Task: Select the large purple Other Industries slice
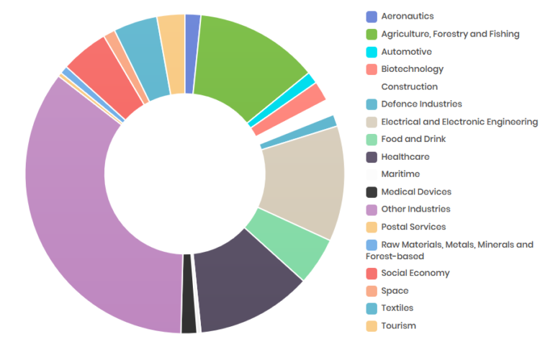(x=86, y=216)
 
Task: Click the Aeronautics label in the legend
(x=408, y=17)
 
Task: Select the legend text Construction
(x=409, y=86)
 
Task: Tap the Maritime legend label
(x=400, y=174)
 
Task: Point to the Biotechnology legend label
(x=412, y=69)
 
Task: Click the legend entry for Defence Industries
(x=421, y=104)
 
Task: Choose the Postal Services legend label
(x=413, y=227)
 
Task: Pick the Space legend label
(x=395, y=291)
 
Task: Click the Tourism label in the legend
(x=398, y=325)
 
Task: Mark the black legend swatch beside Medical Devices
(x=372, y=192)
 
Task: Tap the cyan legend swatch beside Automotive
(x=372, y=52)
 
